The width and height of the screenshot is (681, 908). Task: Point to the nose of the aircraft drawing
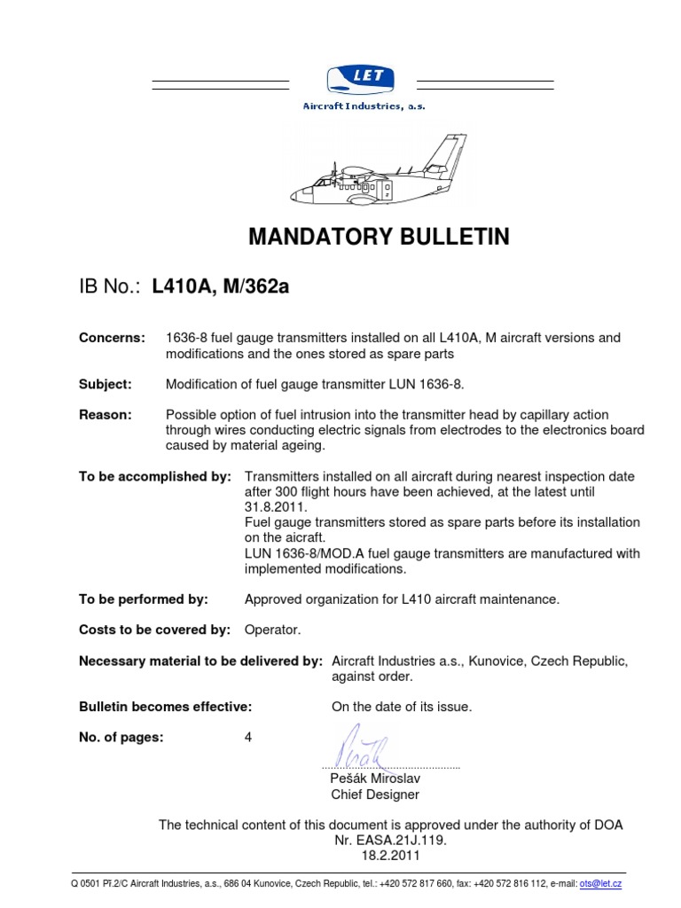[x=298, y=193]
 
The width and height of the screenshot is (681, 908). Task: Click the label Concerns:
[x=112, y=338]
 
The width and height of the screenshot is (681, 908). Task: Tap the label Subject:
[x=106, y=384]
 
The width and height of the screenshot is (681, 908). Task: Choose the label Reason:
[x=106, y=415]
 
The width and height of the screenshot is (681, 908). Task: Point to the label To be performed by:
[x=144, y=599]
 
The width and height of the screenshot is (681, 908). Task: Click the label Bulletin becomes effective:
[x=166, y=707]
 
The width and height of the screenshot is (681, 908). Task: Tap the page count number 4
[x=248, y=738]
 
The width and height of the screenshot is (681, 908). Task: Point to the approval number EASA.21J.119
[x=390, y=840]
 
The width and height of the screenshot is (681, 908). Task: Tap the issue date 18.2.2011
[x=390, y=856]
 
